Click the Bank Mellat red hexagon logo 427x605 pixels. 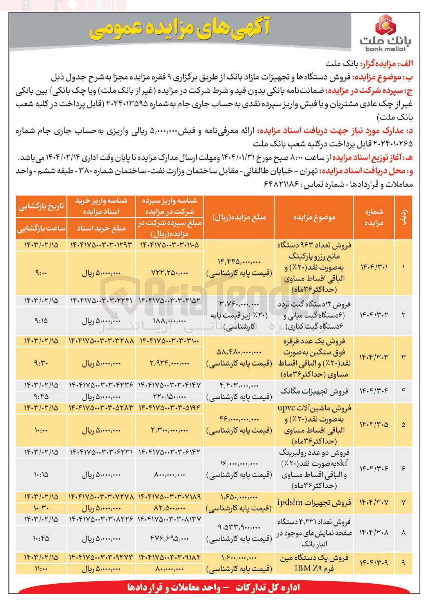click(385, 25)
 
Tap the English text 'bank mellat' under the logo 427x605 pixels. click(385, 49)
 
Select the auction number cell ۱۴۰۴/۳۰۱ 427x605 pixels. click(374, 267)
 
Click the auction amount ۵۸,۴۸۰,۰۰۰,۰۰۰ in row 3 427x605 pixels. click(239, 352)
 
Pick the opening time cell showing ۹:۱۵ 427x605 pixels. click(41, 320)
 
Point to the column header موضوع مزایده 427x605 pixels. click(314, 217)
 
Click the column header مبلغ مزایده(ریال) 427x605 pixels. click(239, 217)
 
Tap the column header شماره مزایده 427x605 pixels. click(374, 217)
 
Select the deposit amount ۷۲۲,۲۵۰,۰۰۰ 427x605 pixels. click(169, 273)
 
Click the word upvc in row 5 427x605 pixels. click(286, 408)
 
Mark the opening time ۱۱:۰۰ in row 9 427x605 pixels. click(41, 568)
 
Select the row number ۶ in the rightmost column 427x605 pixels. click(403, 468)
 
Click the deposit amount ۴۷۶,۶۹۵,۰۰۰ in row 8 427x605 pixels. click(169, 539)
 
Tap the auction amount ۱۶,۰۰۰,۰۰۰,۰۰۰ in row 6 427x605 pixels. click(239, 463)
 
